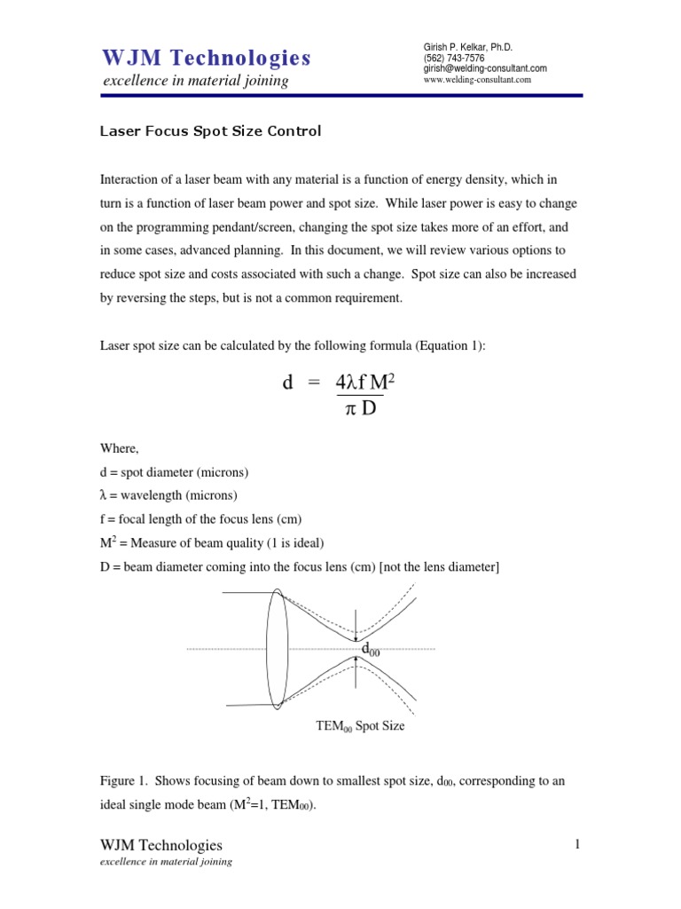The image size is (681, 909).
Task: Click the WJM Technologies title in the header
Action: point(206,59)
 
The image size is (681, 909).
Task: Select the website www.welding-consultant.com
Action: point(479,79)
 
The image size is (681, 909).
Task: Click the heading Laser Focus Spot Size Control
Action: point(209,131)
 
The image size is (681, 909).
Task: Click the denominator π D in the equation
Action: point(360,409)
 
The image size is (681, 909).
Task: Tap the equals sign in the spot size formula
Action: point(312,383)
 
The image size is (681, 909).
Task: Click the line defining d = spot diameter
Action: point(173,471)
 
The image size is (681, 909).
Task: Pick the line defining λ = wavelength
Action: point(168,494)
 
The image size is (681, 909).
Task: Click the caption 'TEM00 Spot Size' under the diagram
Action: point(359,725)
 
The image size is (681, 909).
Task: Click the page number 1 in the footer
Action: point(576,844)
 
